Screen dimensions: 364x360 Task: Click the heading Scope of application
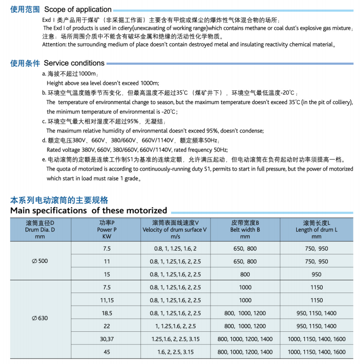[x=78, y=9]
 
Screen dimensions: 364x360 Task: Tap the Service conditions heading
[x=74, y=63]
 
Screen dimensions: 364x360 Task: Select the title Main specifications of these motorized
[x=89, y=210]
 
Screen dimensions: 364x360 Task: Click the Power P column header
[x=107, y=230]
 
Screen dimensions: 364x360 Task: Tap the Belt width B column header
[x=245, y=230]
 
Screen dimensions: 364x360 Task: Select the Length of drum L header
[x=316, y=230]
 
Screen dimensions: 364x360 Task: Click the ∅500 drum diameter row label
[x=40, y=261]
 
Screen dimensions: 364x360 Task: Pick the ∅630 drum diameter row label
[x=40, y=318]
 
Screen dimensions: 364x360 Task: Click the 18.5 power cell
[x=107, y=313]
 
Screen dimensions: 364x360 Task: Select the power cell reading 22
[x=107, y=326]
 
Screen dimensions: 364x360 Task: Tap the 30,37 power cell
[x=107, y=339]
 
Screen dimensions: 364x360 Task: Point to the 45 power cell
[x=107, y=352]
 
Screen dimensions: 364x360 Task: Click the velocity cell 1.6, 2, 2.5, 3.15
[x=175, y=352]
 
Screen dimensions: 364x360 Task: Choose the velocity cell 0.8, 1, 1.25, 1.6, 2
[x=175, y=248]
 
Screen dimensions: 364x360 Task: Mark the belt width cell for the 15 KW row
[x=245, y=274]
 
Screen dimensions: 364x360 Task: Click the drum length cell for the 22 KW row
[x=316, y=326]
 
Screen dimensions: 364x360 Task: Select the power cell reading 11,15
[x=107, y=300]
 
